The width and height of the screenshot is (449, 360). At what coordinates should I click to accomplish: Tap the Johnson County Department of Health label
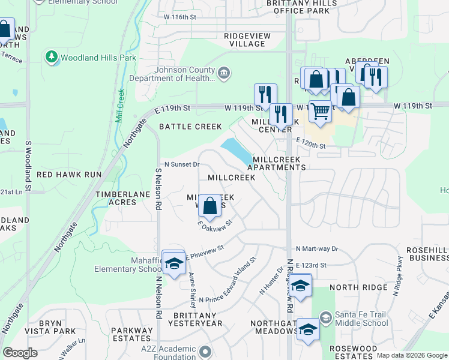tap(185, 73)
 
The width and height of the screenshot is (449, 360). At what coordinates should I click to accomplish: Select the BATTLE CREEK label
tap(190, 127)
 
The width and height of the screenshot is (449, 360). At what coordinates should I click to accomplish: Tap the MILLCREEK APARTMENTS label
tap(280, 163)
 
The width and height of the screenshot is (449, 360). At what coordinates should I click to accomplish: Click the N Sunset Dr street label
tap(182, 164)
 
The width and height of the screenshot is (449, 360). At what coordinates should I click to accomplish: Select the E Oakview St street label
tap(215, 224)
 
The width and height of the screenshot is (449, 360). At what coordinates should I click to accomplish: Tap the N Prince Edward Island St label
tap(228, 280)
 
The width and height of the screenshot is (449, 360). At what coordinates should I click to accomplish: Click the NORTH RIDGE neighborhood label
tap(367, 287)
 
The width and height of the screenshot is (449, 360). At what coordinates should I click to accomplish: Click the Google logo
tap(20, 353)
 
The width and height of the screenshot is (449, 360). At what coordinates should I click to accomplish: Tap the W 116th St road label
tap(177, 17)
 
